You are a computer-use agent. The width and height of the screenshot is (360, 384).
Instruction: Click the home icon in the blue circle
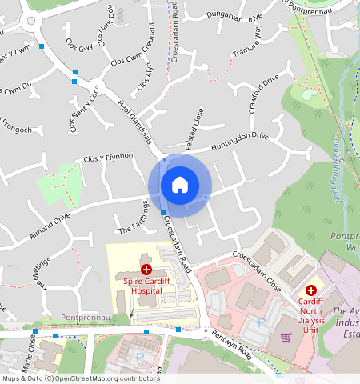tap(180, 185)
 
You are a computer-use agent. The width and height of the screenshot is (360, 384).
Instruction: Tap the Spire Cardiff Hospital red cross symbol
tap(145, 270)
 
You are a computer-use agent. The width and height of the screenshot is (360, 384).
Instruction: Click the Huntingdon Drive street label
tap(240, 142)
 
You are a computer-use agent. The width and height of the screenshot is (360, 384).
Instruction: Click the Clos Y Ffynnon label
tap(108, 159)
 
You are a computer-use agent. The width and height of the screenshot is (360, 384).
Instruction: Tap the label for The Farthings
tap(134, 223)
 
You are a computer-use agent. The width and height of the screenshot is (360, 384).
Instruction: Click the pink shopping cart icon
tap(286, 338)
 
